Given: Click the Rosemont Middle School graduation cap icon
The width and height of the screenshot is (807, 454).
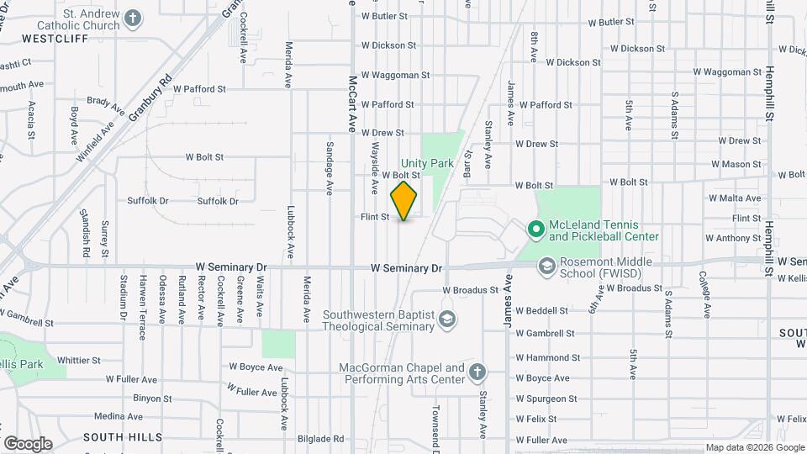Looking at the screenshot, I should pyautogui.click(x=546, y=266).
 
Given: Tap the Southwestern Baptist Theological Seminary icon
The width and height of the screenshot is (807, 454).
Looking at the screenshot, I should pyautogui.click(x=448, y=319).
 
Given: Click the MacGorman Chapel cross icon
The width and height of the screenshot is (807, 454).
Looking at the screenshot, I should pyautogui.click(x=477, y=372).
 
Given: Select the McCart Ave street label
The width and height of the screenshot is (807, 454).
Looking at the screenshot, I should pyautogui.click(x=353, y=103).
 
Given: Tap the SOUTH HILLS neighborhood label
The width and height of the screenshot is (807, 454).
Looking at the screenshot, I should pyautogui.click(x=117, y=437).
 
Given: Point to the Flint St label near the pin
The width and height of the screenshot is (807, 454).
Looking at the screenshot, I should pyautogui.click(x=374, y=217).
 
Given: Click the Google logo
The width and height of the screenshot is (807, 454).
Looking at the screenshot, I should pyautogui.click(x=27, y=443).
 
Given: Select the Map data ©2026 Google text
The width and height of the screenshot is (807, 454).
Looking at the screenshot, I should pyautogui.click(x=754, y=447).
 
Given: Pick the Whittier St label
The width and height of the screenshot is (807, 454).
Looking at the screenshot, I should pyautogui.click(x=79, y=360).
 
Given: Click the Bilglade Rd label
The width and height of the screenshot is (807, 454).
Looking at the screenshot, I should pyautogui.click(x=320, y=439).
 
